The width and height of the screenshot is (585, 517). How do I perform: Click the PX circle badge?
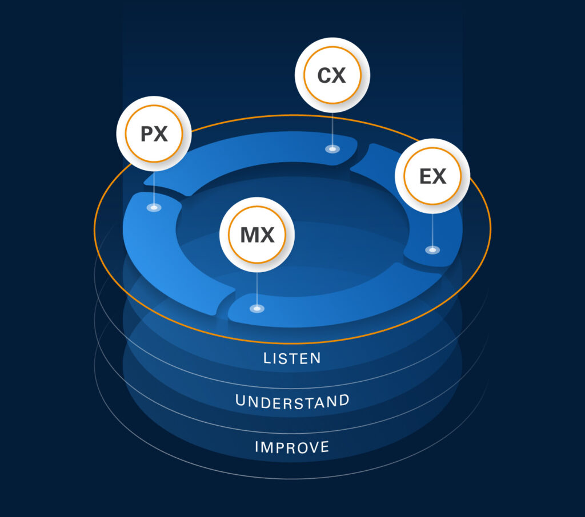point(154,134)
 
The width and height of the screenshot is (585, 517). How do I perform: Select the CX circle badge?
point(332,75)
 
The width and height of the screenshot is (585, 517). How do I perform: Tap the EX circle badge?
point(432,176)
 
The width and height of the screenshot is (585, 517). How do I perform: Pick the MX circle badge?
point(257,234)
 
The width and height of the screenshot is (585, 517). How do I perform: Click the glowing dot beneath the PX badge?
point(154,208)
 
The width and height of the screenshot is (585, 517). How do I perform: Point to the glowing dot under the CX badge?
point(332,149)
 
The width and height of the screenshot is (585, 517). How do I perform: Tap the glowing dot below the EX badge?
point(432,250)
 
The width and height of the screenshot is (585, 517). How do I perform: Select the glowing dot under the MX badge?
point(257,309)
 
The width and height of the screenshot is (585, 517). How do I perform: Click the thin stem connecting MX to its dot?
point(257,288)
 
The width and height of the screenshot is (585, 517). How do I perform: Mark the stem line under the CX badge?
point(332,128)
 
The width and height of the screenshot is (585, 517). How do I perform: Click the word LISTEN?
point(292,358)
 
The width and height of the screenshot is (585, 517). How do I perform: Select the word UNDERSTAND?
point(292,401)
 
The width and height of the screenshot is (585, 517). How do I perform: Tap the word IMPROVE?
point(292,446)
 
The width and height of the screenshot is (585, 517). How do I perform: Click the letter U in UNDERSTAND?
point(241,402)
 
